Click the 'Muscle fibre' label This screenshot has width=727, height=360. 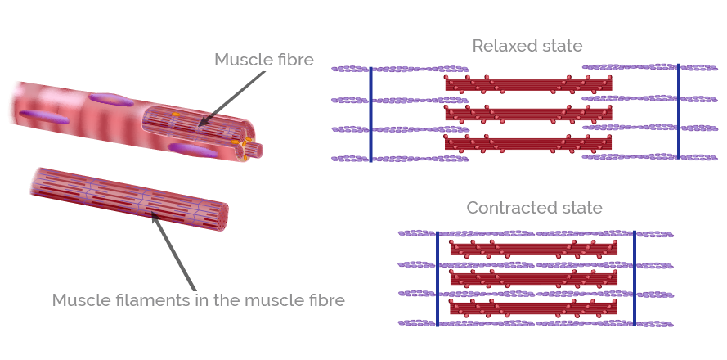click(263, 60)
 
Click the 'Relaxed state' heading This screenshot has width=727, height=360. click(527, 46)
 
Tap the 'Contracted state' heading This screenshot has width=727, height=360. click(534, 208)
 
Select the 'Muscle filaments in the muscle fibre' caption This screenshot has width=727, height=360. click(199, 300)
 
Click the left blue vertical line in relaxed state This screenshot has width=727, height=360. click(370, 114)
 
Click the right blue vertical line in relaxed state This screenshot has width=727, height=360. click(679, 110)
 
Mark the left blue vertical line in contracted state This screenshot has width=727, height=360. click(437, 277)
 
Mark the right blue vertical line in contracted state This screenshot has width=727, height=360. click(635, 277)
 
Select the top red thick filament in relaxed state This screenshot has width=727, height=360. click(528, 83)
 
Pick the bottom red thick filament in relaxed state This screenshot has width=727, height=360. click(528, 143)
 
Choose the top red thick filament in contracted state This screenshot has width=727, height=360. click(533, 248)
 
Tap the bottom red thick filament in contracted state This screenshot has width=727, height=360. click(533, 308)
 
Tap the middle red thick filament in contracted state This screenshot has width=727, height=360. click(533, 278)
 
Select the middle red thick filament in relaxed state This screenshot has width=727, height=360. click(528, 114)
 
